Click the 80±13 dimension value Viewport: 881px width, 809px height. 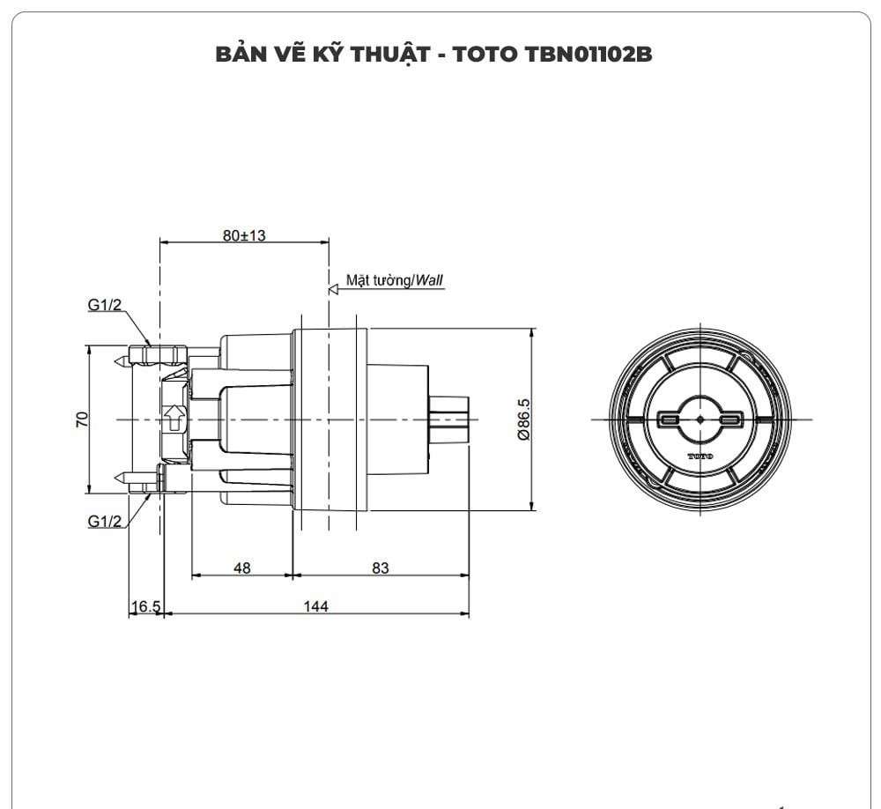[x=244, y=235]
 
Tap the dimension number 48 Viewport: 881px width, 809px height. [x=241, y=568]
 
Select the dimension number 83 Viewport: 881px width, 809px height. [x=380, y=568]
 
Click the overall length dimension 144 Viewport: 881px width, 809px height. [x=315, y=606]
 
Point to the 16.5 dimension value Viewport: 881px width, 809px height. [x=145, y=606]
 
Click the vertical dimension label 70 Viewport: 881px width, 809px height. [x=80, y=419]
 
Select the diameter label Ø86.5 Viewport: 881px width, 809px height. [x=523, y=420]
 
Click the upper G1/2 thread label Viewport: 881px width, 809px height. [x=105, y=305]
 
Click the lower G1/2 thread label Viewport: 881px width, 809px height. [x=105, y=521]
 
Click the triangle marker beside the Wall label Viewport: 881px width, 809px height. [x=334, y=288]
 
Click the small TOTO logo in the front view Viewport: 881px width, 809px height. [x=700, y=456]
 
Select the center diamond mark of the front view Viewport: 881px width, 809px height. [x=700, y=420]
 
